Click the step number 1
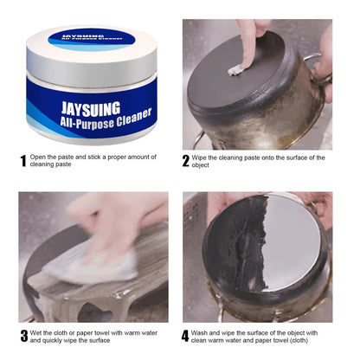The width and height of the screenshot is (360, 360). click(23, 161)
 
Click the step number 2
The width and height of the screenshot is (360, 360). click(186, 161)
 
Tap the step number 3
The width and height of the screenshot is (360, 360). click(23, 334)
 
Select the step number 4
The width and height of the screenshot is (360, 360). click(186, 334)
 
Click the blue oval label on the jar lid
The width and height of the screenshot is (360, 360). click(91, 38)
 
